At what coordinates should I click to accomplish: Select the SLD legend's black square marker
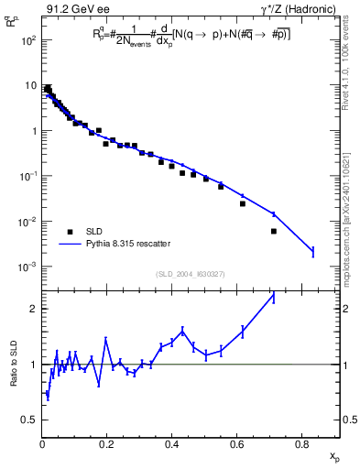click(x=70, y=232)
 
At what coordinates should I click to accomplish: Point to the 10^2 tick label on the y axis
click(x=29, y=41)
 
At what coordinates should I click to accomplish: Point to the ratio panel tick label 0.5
click(x=29, y=420)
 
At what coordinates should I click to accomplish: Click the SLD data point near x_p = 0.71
click(x=273, y=231)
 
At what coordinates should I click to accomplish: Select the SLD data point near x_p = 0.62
click(x=243, y=203)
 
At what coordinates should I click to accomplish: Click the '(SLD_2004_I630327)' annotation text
click(x=191, y=273)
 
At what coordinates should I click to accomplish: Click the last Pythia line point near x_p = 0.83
click(x=313, y=251)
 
